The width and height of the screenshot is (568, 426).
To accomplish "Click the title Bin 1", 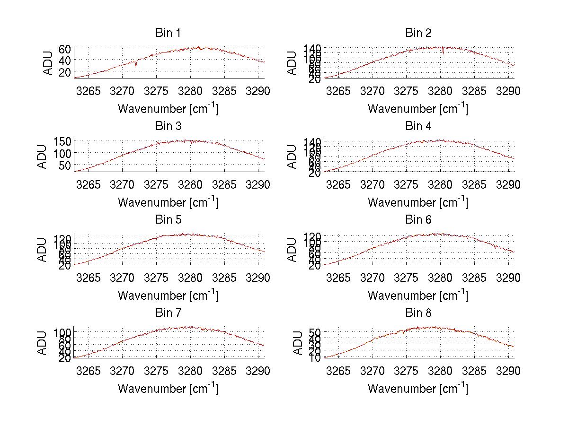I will [168, 33].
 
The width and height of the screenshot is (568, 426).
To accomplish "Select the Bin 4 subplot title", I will [418, 126].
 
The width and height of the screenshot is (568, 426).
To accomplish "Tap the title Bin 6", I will [418, 219].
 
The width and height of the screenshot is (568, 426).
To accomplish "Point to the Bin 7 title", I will [168, 313].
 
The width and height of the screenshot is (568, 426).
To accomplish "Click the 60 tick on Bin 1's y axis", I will [65, 49].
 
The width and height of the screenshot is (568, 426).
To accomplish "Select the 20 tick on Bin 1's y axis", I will [65, 71].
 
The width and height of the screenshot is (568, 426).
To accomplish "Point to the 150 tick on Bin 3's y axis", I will [62, 141].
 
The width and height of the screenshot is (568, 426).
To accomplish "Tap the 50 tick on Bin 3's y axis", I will [65, 165].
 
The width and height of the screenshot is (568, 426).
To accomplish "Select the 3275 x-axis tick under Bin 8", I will [407, 371].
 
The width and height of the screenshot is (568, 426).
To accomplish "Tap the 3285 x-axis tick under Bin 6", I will [474, 278].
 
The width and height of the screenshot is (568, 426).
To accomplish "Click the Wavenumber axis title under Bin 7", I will [168, 388].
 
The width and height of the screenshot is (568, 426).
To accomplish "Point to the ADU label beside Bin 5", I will [43, 250].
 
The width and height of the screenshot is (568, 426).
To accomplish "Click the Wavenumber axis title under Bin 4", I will [418, 202].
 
